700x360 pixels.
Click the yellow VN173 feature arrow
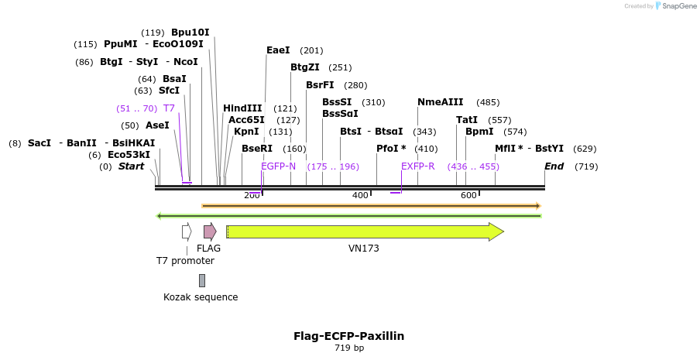click(x=364, y=231)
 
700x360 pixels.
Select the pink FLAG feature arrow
click(x=209, y=231)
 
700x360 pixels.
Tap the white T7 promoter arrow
click(x=187, y=231)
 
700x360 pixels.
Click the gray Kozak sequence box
click(x=202, y=280)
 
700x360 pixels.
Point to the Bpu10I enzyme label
click(x=190, y=33)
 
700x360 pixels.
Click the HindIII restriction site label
click(x=242, y=108)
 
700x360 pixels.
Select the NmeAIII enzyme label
click(x=440, y=102)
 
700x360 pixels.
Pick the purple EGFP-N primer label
click(x=278, y=166)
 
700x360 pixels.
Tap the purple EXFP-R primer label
click(x=417, y=166)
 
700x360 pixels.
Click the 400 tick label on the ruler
click(x=360, y=195)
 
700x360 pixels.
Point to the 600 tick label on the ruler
click(x=468, y=195)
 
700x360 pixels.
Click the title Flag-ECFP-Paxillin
click(x=348, y=336)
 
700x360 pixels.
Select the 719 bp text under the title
click(x=348, y=348)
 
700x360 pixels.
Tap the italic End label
click(x=554, y=166)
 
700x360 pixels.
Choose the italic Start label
click(x=131, y=166)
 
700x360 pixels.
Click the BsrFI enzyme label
click(x=320, y=85)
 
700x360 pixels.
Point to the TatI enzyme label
click(x=467, y=120)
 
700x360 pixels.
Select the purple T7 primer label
click(x=169, y=108)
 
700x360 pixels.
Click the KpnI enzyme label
click(x=246, y=132)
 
